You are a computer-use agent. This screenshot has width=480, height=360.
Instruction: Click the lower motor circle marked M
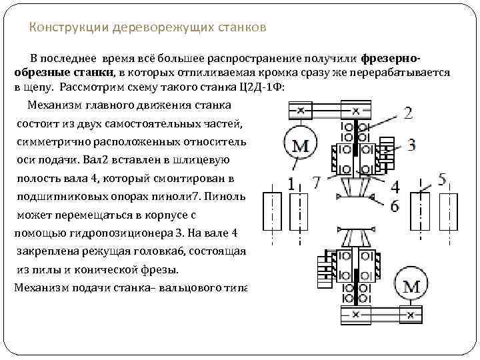tap(412, 287)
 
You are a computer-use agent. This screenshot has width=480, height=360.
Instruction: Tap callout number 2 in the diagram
tap(408, 113)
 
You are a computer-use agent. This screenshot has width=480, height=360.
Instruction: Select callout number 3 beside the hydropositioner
tap(411, 144)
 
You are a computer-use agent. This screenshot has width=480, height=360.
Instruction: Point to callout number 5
tap(442, 179)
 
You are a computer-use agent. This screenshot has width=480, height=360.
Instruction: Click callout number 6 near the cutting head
tap(395, 207)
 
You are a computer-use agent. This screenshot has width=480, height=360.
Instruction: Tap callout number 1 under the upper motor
tap(291, 183)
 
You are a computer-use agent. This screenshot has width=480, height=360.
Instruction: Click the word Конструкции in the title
tap(61, 28)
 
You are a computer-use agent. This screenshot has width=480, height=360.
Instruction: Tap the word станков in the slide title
tap(242, 28)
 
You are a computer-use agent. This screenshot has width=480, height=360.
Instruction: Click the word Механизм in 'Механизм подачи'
tap(38, 287)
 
